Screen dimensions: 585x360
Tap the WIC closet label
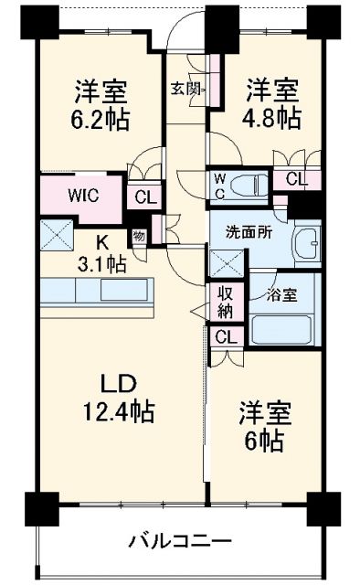80,195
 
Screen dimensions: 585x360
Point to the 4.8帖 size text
273,118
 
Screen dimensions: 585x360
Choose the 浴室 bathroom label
282,295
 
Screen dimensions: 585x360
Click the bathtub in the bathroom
281,328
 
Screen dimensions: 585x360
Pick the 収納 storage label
225,303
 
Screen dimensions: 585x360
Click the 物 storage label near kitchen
138,236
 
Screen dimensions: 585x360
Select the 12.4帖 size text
114,412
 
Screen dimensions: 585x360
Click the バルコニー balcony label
179,540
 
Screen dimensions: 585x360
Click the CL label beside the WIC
144,196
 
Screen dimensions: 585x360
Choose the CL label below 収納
225,336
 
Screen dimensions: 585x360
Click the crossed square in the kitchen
57,236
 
